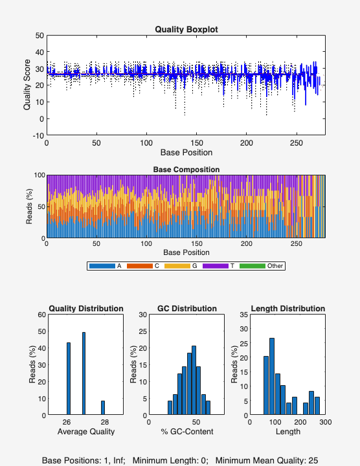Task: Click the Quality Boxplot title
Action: [186, 29]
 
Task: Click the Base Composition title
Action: [186, 170]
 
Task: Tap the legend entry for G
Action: [192, 265]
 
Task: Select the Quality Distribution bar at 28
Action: [102, 408]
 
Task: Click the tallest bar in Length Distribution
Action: [272, 376]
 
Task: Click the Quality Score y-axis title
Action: [27, 85]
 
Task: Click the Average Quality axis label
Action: [85, 432]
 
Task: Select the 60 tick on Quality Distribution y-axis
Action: [41, 315]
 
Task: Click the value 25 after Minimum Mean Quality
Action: [313, 460]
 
